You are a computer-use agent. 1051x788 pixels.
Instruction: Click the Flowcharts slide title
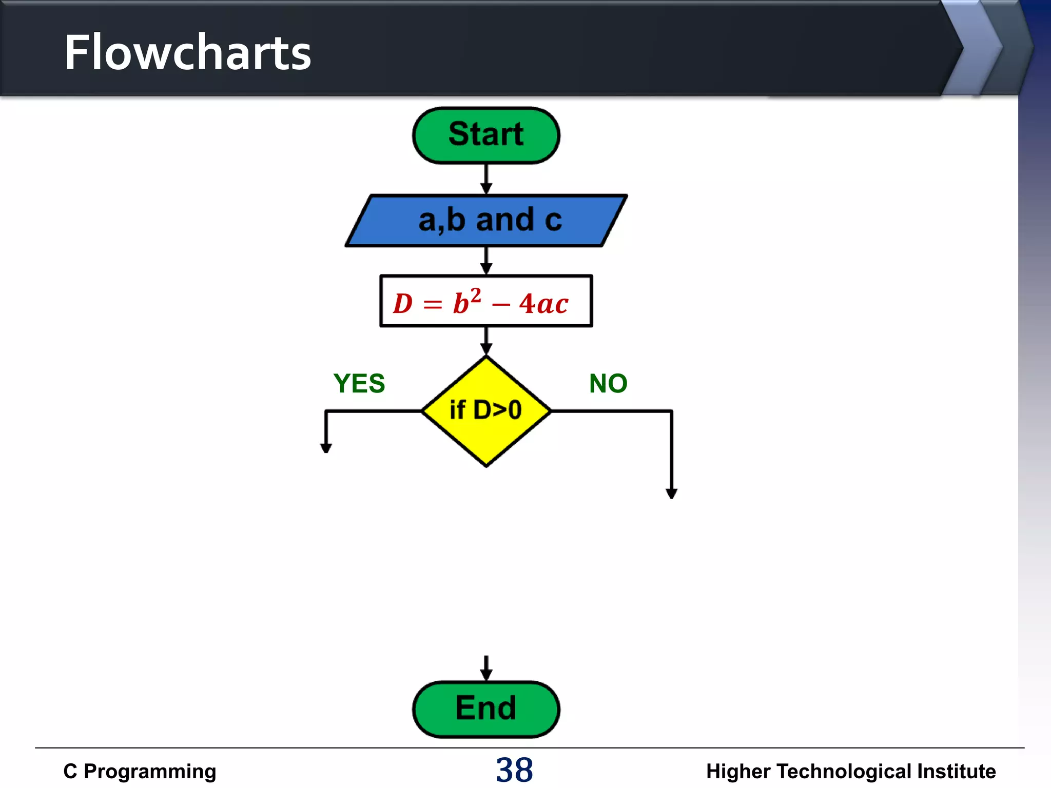click(187, 52)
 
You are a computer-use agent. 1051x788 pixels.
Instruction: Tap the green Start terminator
click(486, 135)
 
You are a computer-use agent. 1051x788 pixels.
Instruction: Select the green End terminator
click(486, 709)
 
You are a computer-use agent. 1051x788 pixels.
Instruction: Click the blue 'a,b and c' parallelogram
click(486, 221)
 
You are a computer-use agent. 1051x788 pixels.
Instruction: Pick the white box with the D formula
click(486, 301)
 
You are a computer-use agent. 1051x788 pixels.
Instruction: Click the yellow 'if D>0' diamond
click(486, 411)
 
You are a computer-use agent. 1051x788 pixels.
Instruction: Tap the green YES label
click(359, 384)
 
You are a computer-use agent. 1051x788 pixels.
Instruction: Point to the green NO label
click(608, 384)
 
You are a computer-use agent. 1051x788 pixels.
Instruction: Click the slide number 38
click(514, 770)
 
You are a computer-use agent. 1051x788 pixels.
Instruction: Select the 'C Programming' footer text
click(140, 772)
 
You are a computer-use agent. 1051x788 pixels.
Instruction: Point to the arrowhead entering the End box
click(486, 675)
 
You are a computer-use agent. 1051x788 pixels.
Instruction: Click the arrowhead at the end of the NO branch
click(671, 494)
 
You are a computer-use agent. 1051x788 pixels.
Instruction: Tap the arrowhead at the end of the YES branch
click(326, 448)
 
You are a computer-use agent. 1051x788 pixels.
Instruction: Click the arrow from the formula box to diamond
click(486, 341)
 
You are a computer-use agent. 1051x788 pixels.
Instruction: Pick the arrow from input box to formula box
click(486, 261)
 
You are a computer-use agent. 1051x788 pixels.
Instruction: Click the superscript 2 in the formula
click(476, 295)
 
